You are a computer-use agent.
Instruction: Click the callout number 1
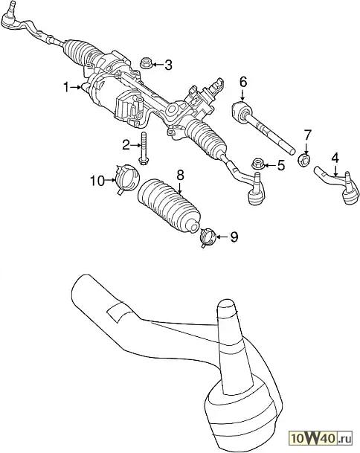[66, 87]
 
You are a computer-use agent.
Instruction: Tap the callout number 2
[126, 145]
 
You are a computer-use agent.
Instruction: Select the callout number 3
[168, 65]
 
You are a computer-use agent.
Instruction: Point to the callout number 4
[335, 158]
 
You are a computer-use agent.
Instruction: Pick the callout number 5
[281, 165]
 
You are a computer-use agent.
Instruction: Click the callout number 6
[243, 82]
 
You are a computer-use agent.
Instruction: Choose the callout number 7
[307, 135]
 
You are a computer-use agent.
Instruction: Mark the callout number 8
[180, 175]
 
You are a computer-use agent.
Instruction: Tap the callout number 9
[234, 237]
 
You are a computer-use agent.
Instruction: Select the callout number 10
[97, 181]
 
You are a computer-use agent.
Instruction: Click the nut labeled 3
[146, 63]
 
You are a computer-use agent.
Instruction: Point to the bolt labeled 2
[144, 149]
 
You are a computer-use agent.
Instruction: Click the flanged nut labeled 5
[258, 164]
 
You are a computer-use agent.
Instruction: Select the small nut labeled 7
[304, 160]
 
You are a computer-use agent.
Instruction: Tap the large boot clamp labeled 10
[126, 179]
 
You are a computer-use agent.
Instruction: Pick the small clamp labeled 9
[208, 237]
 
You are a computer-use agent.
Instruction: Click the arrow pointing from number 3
[158, 65]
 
